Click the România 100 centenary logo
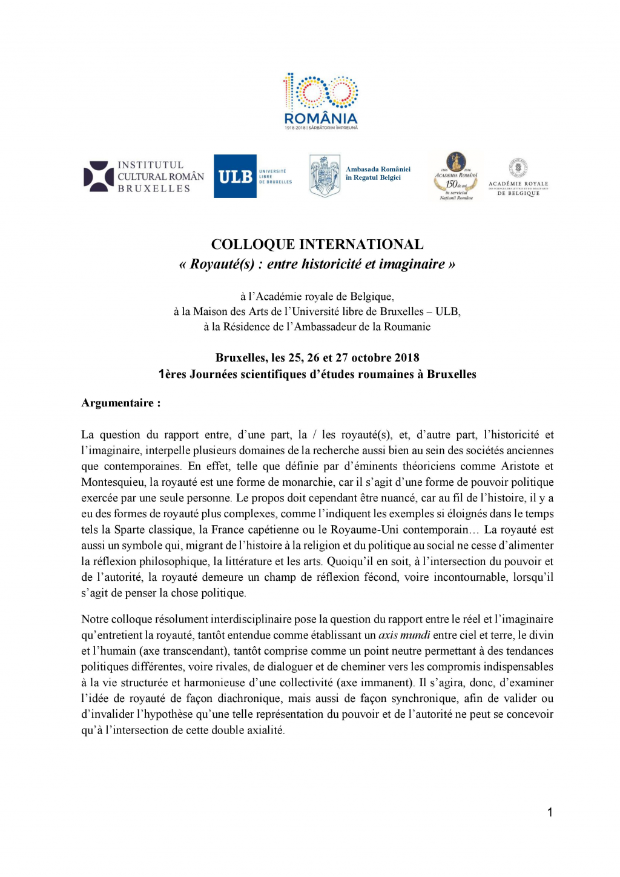321,101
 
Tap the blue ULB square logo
235,176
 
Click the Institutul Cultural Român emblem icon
99,176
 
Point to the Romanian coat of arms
325,176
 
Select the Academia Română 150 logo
456,176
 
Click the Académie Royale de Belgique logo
518,177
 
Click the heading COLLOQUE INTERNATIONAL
317,245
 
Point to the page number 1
550,813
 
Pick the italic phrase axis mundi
404,635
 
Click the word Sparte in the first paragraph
130,529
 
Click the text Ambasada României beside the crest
378,170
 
